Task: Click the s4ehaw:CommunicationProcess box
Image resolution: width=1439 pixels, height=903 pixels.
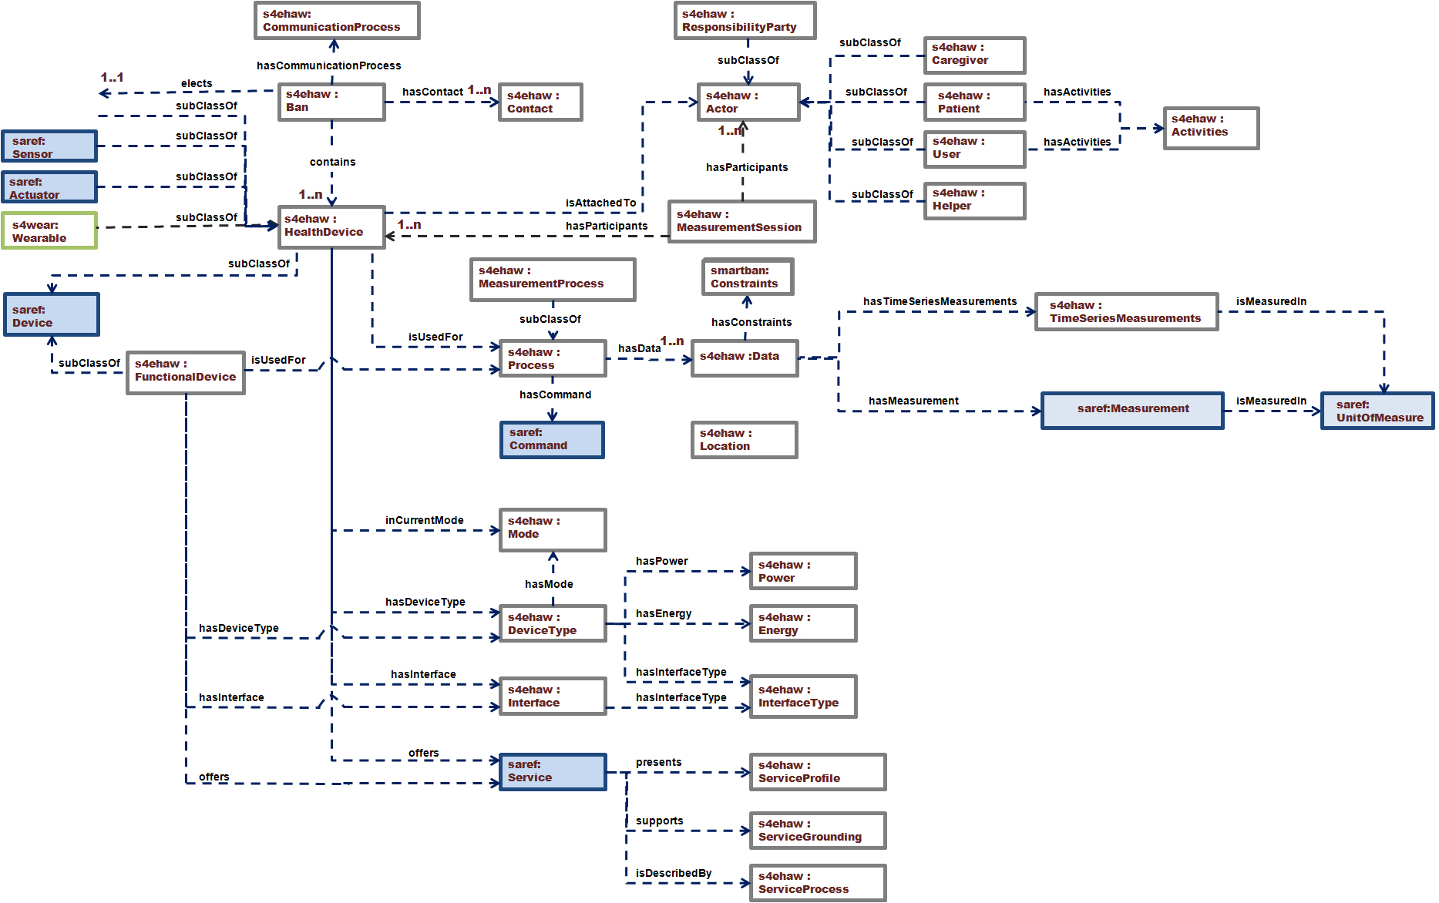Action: pyautogui.click(x=337, y=21)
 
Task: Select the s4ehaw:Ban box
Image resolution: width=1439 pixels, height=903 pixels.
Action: pyautogui.click(x=331, y=102)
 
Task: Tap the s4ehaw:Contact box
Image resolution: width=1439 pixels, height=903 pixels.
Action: pyautogui.click(x=540, y=102)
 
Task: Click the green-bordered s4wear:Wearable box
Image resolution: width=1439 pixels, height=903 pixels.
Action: pyautogui.click(x=49, y=231)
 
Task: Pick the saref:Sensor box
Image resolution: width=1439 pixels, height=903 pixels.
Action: pyautogui.click(x=49, y=146)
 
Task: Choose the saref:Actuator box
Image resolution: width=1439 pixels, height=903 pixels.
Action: pyautogui.click(x=49, y=187)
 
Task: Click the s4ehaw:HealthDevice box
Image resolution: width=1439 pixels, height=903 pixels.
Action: pyautogui.click(x=331, y=227)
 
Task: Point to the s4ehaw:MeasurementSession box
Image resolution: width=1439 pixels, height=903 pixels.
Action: pyautogui.click(x=741, y=221)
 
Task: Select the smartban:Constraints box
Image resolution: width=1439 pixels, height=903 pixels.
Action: pyautogui.click(x=747, y=277)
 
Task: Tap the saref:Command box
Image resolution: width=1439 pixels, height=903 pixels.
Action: pyautogui.click(x=552, y=440)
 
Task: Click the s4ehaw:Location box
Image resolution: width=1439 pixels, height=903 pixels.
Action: pyautogui.click(x=744, y=440)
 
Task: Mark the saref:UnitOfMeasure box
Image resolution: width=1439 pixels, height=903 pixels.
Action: pyautogui.click(x=1377, y=411)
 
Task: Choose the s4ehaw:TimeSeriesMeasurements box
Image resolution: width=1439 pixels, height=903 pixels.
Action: pyautogui.click(x=1126, y=312)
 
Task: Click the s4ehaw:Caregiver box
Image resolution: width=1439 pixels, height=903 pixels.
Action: pyautogui.click(x=974, y=55)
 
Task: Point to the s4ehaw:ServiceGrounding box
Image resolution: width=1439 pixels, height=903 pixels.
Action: pyautogui.click(x=817, y=831)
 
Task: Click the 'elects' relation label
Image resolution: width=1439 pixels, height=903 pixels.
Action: pyautogui.click(x=197, y=83)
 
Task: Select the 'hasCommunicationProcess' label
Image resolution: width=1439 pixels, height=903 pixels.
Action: pyautogui.click(x=328, y=65)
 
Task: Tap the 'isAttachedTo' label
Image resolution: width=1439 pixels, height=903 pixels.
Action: pyautogui.click(x=600, y=203)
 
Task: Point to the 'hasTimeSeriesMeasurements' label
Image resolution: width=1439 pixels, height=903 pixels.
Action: pyautogui.click(x=940, y=301)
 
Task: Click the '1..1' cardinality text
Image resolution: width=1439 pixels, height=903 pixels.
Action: pyautogui.click(x=112, y=77)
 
